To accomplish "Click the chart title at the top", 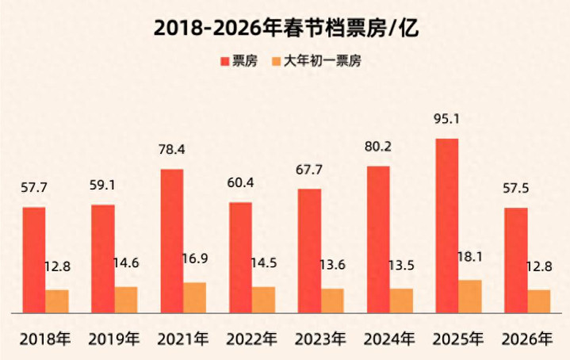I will point(285,27).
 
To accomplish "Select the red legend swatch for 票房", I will point(224,61).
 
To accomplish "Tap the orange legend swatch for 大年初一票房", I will point(276,61).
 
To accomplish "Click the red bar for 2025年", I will point(446,226).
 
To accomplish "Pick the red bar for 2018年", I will point(33,260).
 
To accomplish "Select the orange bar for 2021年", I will point(194,297).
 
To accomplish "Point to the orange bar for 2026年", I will point(538,301).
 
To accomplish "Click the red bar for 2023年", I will point(309,251).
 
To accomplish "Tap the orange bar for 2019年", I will point(125,300).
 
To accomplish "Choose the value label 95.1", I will point(446,120).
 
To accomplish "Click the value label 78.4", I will point(171,150).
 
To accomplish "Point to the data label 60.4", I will point(240,183).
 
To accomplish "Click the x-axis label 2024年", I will point(389,339).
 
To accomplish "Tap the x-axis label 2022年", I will point(251,339).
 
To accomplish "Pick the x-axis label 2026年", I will point(527,339).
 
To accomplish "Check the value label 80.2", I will point(378,147).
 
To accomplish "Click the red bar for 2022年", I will point(240,258).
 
